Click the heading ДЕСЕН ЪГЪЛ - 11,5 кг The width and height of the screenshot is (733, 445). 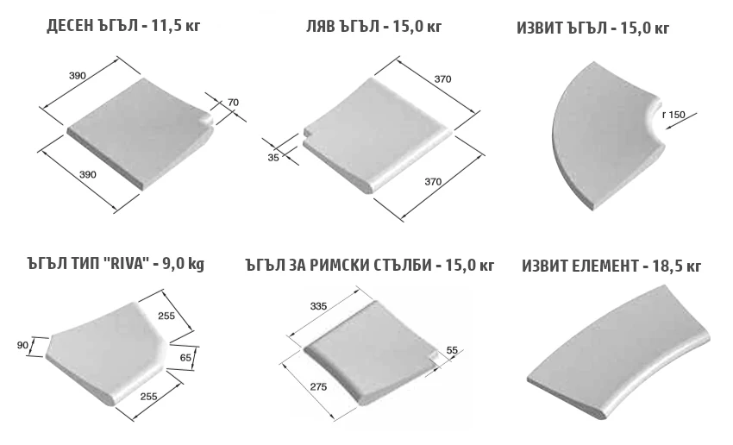tap(123, 26)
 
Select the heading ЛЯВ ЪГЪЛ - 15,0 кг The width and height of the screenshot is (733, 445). tap(373, 27)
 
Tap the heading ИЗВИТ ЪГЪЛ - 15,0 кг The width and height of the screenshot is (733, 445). tap(592, 28)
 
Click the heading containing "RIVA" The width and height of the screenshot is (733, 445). tap(116, 264)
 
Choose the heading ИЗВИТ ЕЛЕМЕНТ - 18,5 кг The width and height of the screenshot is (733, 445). tap(611, 266)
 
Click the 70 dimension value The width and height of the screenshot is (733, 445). tap(233, 103)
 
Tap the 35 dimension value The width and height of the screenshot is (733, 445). tap(273, 158)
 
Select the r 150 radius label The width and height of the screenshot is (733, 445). tap(673, 115)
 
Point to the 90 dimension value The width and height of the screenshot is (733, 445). tap(22, 346)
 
